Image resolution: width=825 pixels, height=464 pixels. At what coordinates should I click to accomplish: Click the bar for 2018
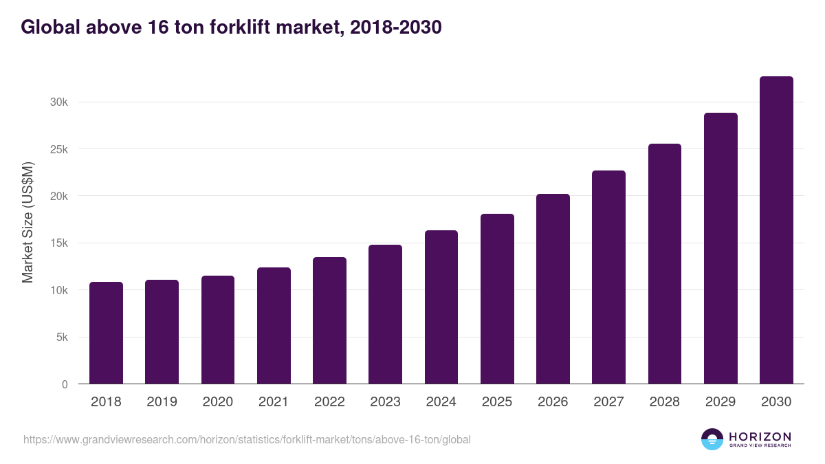(106, 333)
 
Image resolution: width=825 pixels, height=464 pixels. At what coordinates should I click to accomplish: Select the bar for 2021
(274, 326)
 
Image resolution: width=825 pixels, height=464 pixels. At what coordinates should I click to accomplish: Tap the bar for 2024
(441, 307)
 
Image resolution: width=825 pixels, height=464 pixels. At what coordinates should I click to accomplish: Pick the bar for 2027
(608, 278)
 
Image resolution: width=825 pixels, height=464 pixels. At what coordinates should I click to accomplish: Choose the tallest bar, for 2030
(776, 230)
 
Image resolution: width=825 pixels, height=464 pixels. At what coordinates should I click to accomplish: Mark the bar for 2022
(329, 321)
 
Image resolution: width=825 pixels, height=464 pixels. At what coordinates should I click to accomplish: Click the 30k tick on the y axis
(58, 102)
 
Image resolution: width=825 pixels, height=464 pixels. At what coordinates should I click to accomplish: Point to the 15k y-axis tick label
(58, 243)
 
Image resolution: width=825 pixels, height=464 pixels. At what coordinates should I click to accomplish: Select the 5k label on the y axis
(61, 338)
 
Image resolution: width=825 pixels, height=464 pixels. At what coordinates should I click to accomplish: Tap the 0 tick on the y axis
(65, 385)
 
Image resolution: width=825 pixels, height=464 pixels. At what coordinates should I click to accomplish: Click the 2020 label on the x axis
(218, 402)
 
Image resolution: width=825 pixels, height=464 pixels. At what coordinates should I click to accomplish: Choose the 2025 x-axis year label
(497, 402)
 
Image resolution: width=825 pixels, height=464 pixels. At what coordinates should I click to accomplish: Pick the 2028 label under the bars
(664, 402)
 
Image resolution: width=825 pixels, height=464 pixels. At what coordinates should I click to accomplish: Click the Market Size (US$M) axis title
(28, 223)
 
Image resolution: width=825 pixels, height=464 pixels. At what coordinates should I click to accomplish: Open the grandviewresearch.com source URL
(247, 439)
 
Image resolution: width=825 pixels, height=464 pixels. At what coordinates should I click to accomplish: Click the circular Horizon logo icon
(712, 439)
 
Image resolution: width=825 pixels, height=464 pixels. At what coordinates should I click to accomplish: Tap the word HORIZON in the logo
(760, 436)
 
